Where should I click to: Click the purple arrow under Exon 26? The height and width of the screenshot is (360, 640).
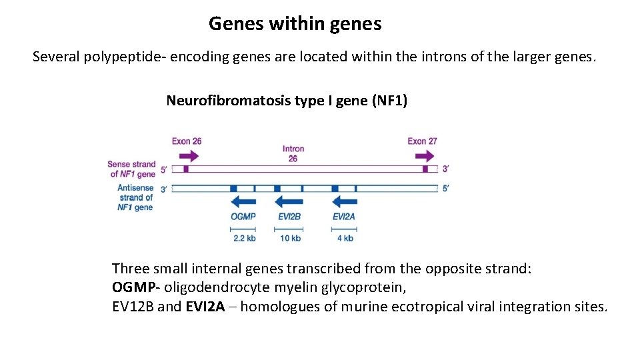click(189, 156)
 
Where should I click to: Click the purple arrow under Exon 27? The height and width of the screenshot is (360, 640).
click(424, 156)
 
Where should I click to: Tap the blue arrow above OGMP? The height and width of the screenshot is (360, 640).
click(243, 201)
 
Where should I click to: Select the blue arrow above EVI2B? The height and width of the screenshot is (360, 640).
click(289, 201)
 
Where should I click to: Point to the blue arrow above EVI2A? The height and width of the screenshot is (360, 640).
click(344, 201)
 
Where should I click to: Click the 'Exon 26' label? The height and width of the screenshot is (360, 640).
click(187, 141)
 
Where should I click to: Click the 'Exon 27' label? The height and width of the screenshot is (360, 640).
click(423, 141)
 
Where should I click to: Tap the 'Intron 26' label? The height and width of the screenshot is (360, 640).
click(293, 153)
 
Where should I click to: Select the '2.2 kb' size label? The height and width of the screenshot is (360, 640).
click(245, 238)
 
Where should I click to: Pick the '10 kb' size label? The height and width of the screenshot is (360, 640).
click(290, 238)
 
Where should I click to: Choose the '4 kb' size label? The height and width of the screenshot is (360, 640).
click(345, 238)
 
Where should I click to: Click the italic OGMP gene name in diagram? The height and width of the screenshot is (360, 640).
click(243, 217)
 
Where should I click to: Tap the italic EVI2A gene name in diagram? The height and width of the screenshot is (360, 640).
click(344, 217)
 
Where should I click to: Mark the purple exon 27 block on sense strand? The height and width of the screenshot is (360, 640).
click(425, 169)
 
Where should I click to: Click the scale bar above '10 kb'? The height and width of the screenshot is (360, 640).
click(290, 229)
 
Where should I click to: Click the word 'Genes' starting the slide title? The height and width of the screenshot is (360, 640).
click(237, 24)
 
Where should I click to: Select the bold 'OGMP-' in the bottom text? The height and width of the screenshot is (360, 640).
click(136, 288)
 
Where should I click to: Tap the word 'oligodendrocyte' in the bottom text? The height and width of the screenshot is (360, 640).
click(212, 288)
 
